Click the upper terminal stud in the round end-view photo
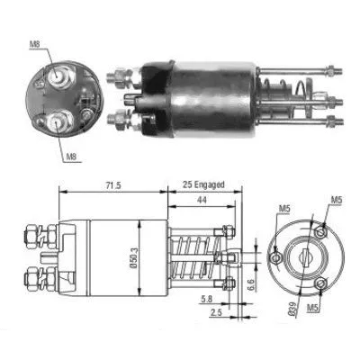point(61,76)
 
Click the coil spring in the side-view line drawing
point(192,260)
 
